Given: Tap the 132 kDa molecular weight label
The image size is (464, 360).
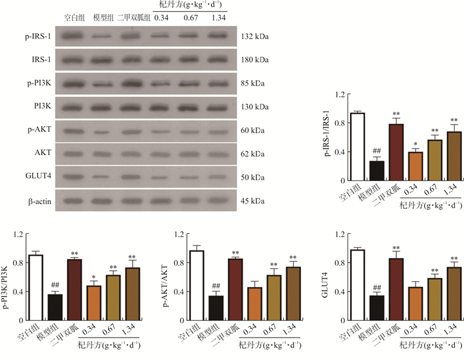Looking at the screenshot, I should point(255,36).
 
